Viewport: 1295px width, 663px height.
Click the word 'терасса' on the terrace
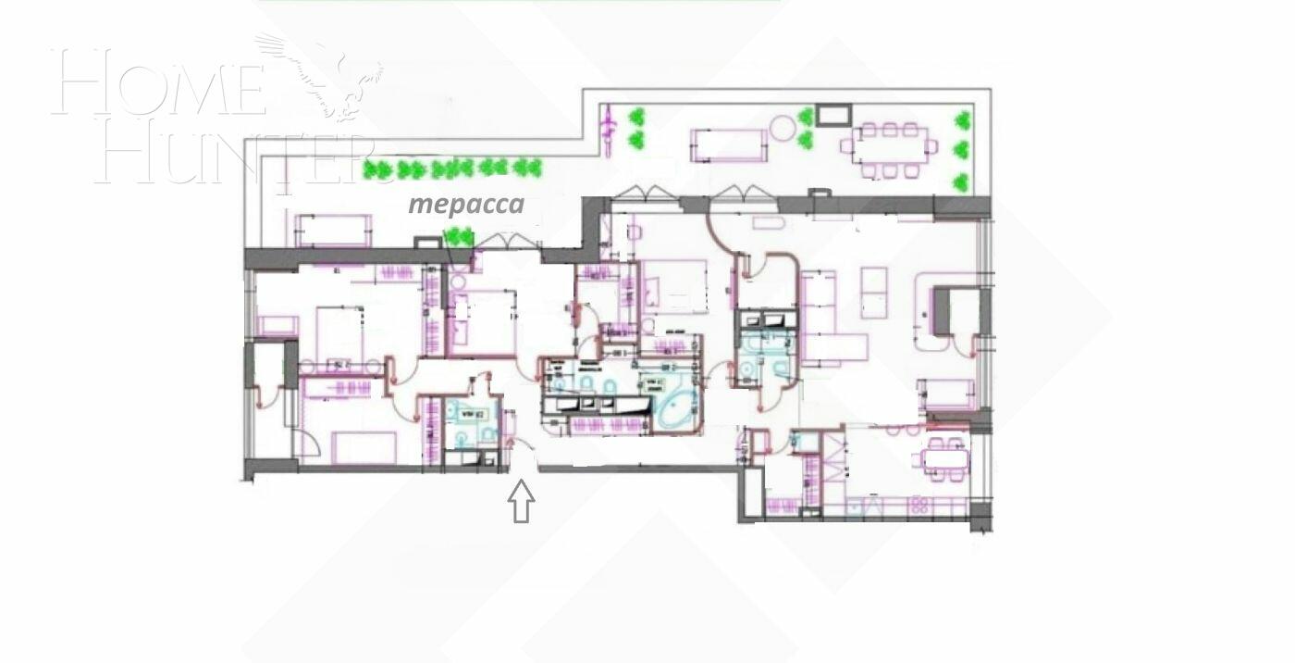coord(466,204)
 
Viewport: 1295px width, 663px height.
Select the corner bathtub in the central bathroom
coord(678,408)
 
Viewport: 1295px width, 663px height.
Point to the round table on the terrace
coord(783,127)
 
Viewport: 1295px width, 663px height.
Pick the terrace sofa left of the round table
coord(729,144)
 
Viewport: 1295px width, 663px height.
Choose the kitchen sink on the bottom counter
coord(869,506)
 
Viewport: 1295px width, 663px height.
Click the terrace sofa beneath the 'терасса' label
coord(333,230)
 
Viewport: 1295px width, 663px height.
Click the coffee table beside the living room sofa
coord(873,292)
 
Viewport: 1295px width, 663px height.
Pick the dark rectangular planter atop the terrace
coord(833,114)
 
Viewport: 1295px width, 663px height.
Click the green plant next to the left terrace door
coord(458,238)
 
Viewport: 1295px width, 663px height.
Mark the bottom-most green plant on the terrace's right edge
coord(962,182)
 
